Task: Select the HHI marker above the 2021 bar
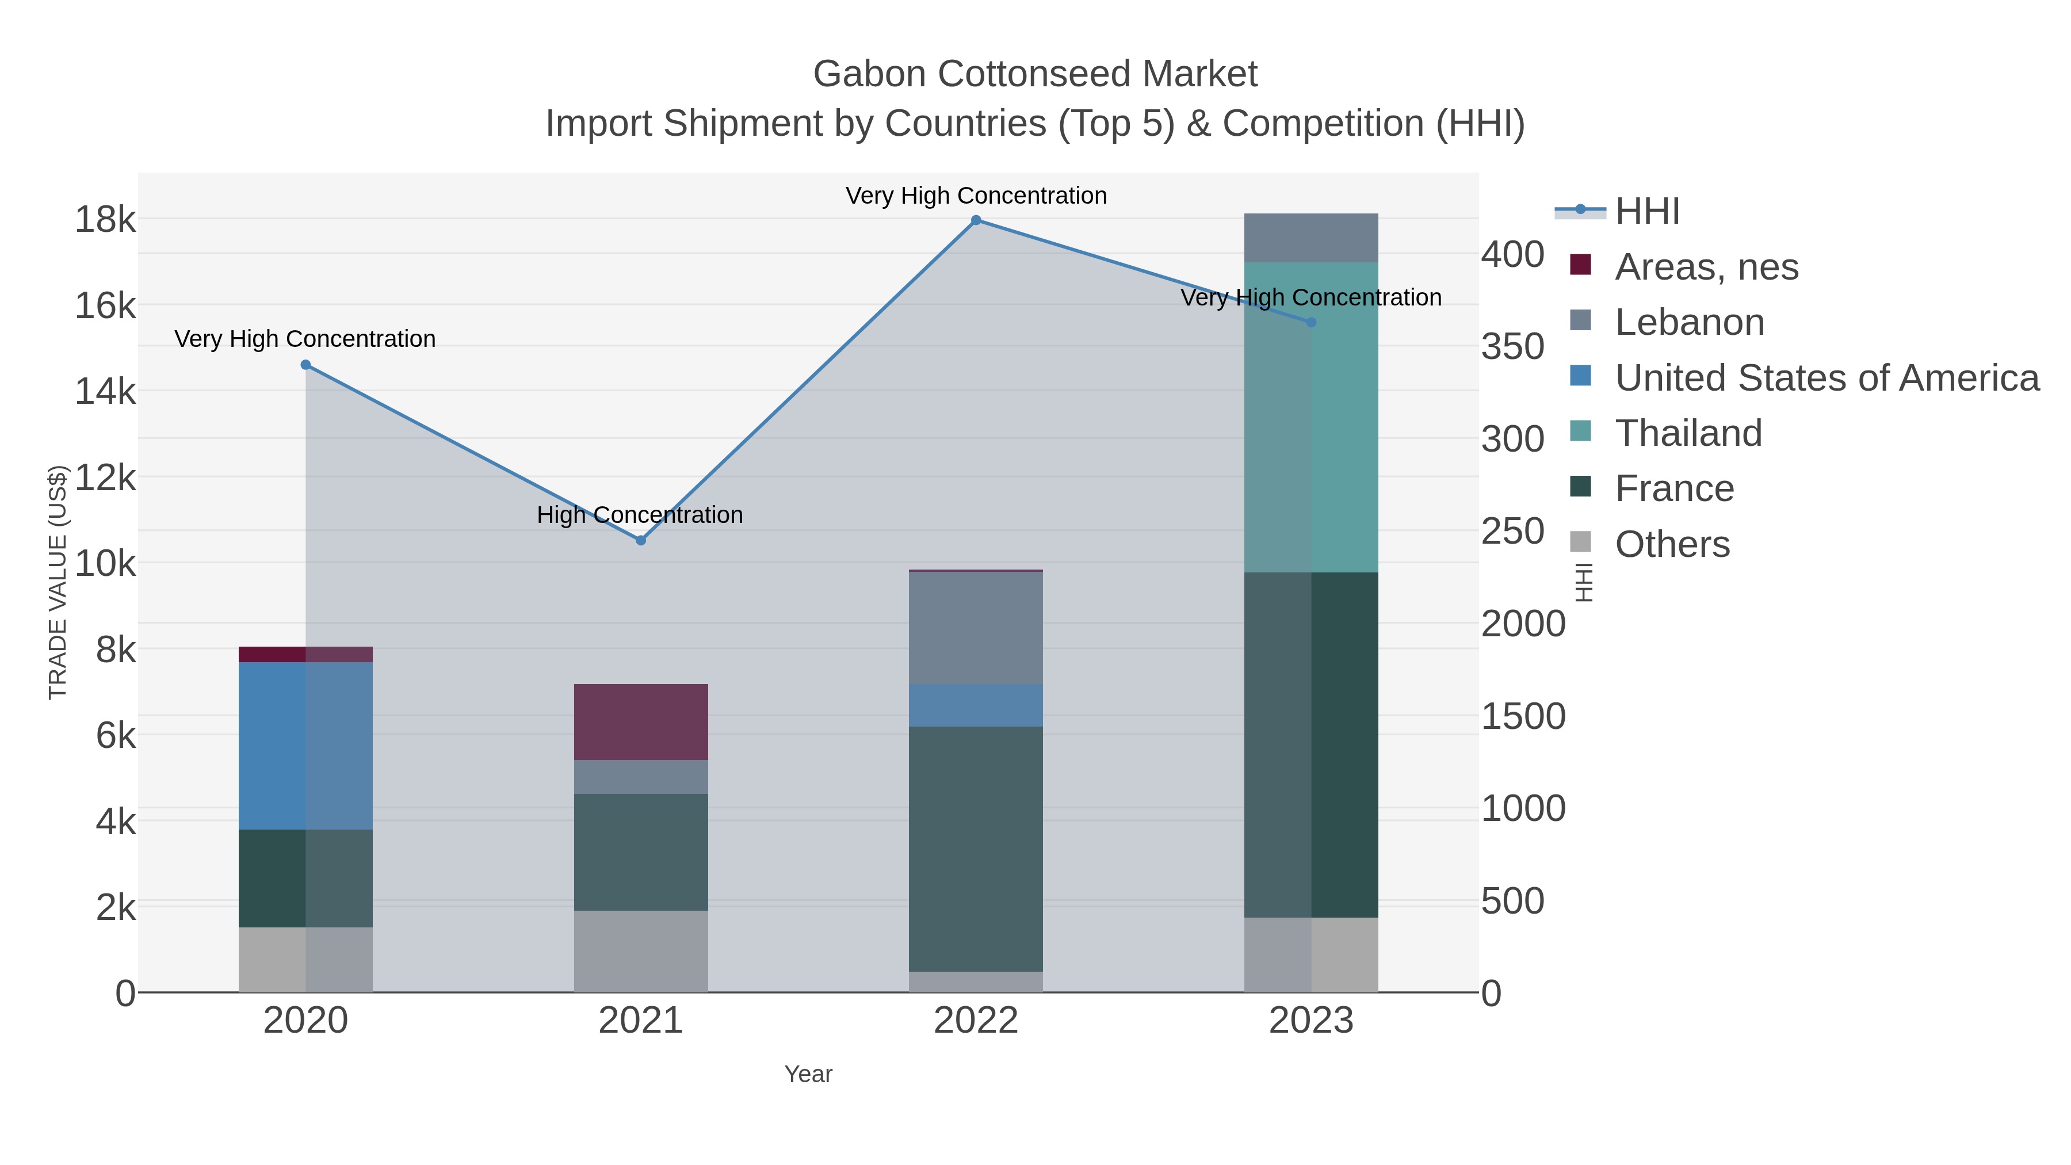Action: [x=641, y=540]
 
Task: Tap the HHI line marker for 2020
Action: [x=305, y=365]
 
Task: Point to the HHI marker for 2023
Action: [x=1311, y=322]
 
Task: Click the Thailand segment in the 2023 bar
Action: [x=1311, y=418]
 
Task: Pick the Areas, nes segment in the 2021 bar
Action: [x=641, y=721]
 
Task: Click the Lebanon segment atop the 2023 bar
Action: [x=1311, y=238]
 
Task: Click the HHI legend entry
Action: [x=1646, y=212]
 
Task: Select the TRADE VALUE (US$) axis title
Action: [x=58, y=582]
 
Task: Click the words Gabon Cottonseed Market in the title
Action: [x=1035, y=74]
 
